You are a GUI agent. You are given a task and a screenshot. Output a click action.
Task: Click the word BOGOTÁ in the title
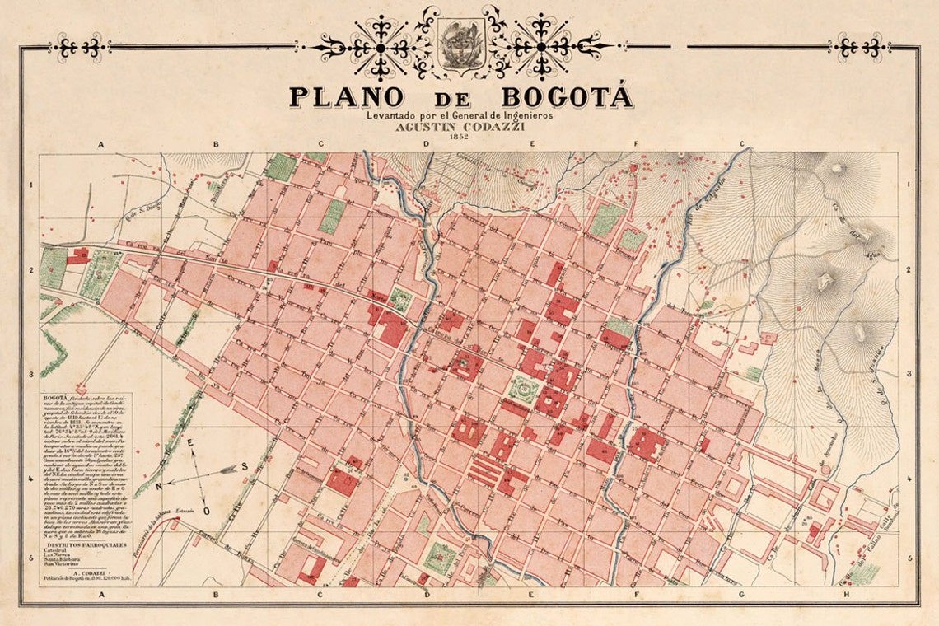coord(567,96)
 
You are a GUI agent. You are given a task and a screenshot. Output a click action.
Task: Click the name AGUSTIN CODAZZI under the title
coord(460,127)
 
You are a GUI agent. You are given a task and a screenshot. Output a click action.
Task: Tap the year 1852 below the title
coord(460,138)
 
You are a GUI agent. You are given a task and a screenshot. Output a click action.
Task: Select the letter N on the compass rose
coord(160,486)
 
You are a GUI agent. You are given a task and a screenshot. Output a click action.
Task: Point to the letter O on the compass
coord(207,511)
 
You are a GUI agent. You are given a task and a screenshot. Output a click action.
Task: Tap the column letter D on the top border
coord(426,144)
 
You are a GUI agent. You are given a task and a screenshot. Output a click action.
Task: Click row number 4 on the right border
coord(909,479)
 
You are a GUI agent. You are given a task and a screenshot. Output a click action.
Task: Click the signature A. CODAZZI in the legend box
coord(86,572)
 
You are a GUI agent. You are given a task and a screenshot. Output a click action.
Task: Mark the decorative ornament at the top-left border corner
coord(77,47)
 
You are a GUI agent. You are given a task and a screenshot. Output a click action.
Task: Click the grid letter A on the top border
coord(101,144)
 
